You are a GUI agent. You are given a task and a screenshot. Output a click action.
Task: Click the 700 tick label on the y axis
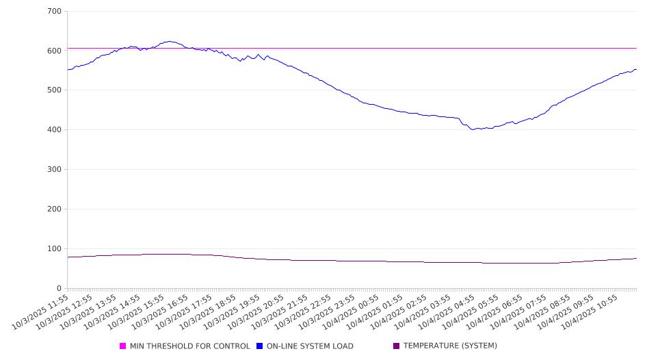[x=55, y=12]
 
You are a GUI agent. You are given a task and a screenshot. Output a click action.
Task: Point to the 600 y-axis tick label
[x=55, y=51]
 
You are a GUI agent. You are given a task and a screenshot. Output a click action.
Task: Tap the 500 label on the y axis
[x=55, y=90]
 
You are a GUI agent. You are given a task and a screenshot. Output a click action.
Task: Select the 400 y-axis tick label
[x=55, y=130]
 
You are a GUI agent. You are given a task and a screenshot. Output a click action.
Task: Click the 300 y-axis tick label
[x=55, y=170]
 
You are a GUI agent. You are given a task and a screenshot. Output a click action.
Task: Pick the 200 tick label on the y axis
[x=55, y=209]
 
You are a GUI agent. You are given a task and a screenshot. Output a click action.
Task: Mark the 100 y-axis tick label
[x=55, y=249]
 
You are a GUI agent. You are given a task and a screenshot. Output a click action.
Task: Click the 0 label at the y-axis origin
[x=60, y=289]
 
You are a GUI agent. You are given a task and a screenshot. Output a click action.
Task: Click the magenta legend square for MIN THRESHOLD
[x=123, y=346]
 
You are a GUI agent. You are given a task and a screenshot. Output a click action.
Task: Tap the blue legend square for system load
[x=260, y=346]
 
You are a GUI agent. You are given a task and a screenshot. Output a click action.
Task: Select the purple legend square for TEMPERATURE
[x=397, y=346]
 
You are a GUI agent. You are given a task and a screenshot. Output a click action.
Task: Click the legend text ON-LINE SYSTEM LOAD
[x=310, y=346]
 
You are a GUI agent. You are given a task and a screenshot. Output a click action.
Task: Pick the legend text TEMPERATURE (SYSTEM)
[x=450, y=346]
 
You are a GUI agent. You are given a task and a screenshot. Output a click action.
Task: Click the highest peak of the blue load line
[x=169, y=41]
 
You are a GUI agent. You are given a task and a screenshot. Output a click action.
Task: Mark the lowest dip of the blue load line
[x=473, y=129]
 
